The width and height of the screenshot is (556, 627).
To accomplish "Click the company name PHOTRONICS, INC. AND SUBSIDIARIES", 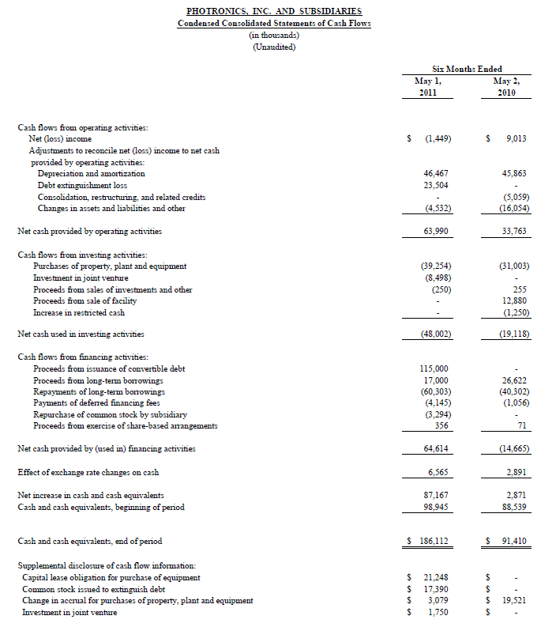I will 274,11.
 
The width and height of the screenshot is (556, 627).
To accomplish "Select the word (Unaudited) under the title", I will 274,47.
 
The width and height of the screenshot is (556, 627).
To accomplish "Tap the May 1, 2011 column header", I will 428,86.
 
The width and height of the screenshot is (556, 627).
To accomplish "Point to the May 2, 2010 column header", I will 506,86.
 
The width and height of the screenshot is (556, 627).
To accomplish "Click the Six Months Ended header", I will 468,69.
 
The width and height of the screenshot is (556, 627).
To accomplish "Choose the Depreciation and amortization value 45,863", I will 514,173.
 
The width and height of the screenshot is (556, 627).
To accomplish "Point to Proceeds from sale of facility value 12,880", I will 514,300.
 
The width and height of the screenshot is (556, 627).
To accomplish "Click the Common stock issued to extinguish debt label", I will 92,589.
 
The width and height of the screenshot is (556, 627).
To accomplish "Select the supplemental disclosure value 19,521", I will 514,600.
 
